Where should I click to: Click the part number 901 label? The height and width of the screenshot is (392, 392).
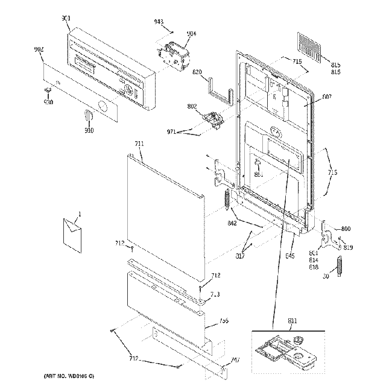click(66, 19)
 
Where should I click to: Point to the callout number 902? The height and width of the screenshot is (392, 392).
click(39, 49)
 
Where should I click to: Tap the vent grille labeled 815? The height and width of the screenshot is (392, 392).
click(310, 45)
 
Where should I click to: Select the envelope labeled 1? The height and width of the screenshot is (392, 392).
click(72, 233)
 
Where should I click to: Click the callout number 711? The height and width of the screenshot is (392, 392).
click(139, 144)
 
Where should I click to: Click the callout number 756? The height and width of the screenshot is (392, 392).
click(223, 321)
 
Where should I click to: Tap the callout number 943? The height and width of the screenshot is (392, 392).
click(159, 22)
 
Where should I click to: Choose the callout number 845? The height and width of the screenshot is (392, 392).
click(289, 256)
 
